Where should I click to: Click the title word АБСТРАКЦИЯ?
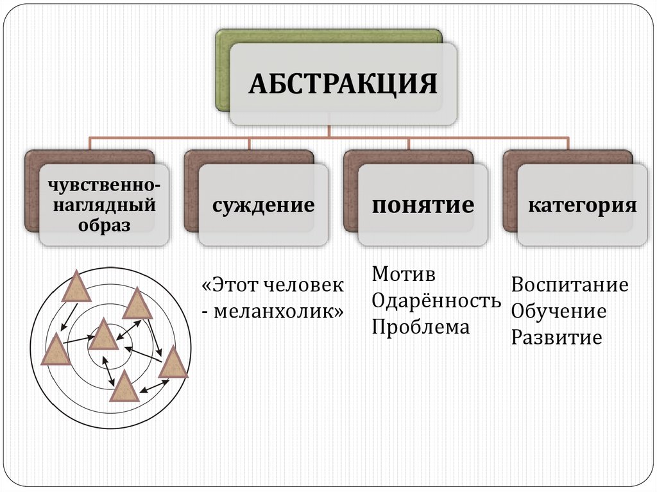tap(343, 83)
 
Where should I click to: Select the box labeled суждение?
tap(264, 205)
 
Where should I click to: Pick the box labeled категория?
tap(583, 205)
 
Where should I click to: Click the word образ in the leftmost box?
tap(104, 225)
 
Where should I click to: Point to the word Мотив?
tap(404, 275)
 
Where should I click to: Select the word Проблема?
tap(421, 327)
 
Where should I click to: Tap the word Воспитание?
tap(570, 285)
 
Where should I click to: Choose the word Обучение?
tap(559, 311)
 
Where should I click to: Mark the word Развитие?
tap(556, 337)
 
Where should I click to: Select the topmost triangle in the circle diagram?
tap(76, 286)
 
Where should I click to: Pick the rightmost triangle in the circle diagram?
tap(173, 364)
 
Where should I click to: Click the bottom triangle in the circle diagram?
tap(124, 387)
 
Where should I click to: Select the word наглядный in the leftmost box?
tap(104, 205)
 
